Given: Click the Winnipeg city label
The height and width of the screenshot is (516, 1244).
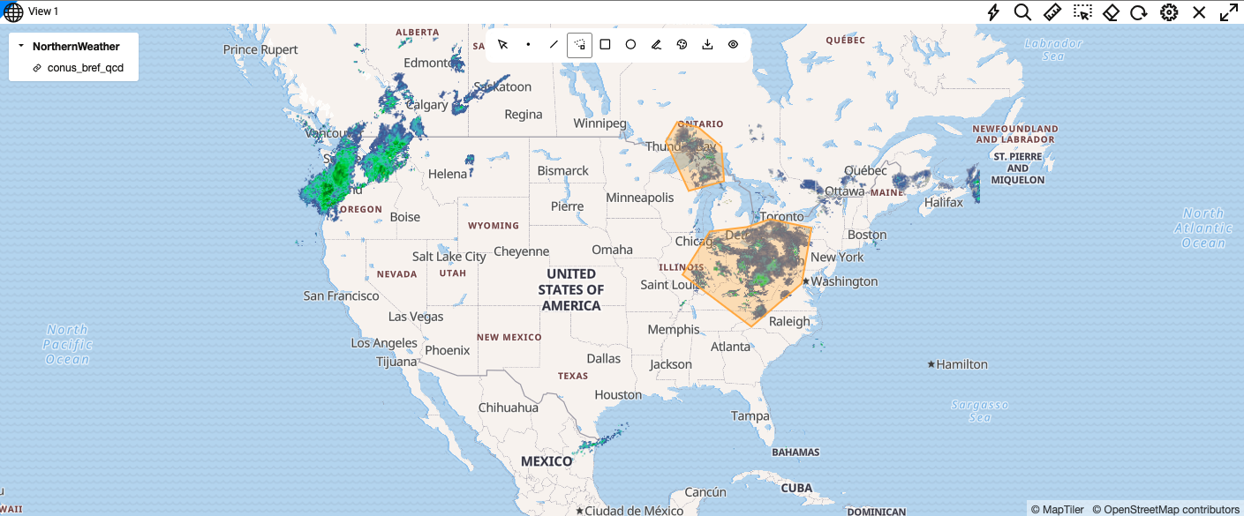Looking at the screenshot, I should coord(599,123).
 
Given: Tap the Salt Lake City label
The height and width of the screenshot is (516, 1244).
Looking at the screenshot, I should coord(449,257).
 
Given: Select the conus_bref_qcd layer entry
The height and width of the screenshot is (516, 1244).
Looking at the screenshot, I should coord(85,67).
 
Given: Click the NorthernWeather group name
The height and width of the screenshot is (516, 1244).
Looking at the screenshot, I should coord(76,46).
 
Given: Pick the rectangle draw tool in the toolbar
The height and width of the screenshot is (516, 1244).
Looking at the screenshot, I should coord(605,44).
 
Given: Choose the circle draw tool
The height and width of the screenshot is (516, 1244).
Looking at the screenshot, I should coord(630,44).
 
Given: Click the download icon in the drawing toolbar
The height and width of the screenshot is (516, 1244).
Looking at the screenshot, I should coord(707,44).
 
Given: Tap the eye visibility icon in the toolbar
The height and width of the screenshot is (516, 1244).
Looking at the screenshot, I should coord(733,44).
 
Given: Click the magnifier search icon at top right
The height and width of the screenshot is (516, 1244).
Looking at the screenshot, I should coord(1022,12).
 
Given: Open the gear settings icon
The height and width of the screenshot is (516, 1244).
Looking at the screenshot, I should coord(1169,12).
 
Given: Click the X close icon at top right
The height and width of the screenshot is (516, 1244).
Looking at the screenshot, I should coord(1199,12).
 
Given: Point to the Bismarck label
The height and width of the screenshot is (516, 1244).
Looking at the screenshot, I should coord(562,170).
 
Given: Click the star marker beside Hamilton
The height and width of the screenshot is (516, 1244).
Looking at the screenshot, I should coord(931,364).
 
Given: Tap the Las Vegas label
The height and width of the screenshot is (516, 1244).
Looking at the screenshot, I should coord(416,316).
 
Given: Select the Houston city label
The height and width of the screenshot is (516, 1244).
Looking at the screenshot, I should coord(618,395).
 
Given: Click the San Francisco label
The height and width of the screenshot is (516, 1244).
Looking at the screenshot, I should coord(341,295).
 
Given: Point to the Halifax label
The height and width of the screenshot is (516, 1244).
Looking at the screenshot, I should coord(943,202).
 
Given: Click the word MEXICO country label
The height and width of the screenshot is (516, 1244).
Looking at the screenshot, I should coord(547,461).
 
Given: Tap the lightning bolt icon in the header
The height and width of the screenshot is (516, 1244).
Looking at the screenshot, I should coord(993,12).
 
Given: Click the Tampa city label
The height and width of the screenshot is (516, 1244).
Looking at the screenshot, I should coord(750,415).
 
